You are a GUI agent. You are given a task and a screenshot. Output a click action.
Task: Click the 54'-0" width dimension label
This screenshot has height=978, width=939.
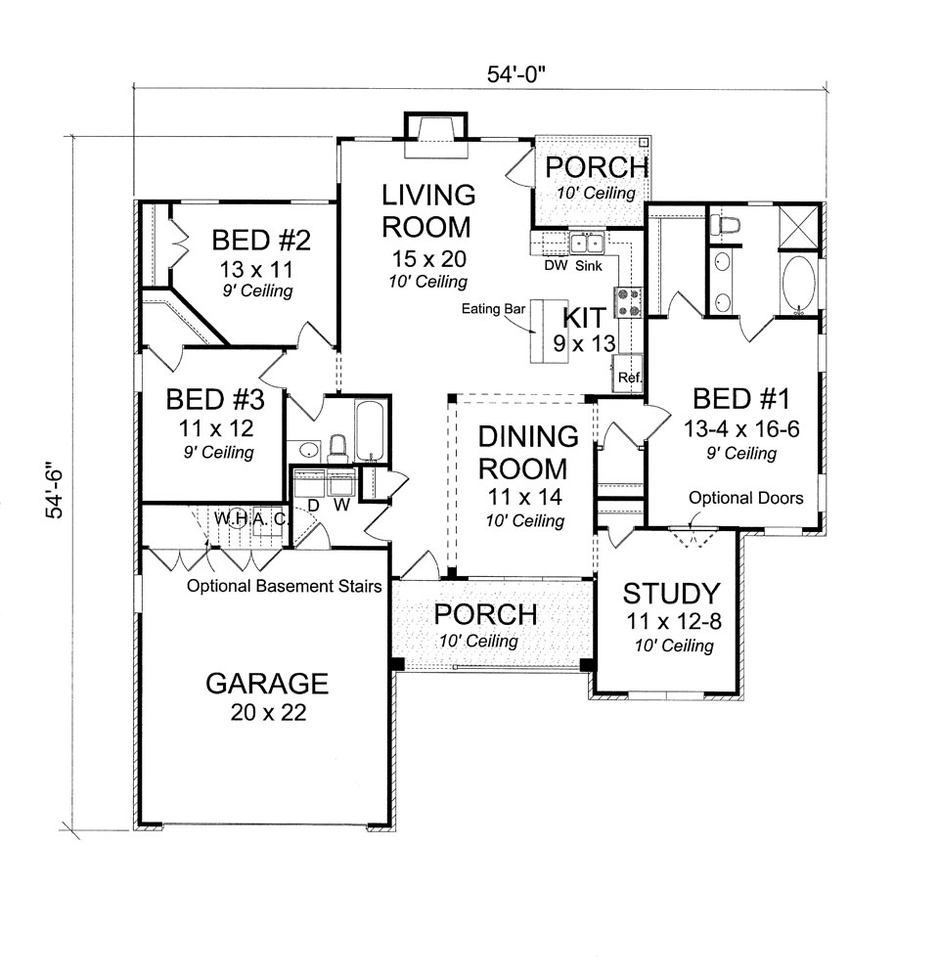pos(515,74)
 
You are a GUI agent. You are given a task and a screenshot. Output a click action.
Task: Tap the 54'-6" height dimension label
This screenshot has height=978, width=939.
pos(54,490)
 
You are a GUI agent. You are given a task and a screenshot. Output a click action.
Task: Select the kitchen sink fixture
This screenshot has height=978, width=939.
pos(587,242)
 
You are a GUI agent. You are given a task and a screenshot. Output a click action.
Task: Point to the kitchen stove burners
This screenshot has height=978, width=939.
pos(628,302)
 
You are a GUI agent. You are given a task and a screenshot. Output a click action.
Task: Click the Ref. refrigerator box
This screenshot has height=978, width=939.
pos(627,373)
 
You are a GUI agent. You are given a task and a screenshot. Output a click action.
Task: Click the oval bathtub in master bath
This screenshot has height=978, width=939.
pos(798,283)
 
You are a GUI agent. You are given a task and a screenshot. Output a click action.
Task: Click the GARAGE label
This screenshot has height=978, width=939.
pos(267,684)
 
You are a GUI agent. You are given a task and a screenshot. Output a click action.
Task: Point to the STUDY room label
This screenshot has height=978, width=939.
pos(671,594)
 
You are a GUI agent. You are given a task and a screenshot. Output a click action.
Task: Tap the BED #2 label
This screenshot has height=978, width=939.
pos(261,241)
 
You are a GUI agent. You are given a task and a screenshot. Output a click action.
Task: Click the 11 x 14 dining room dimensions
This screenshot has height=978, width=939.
pos(524,497)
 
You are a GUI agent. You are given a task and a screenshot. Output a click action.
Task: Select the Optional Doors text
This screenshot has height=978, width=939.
pos(745,498)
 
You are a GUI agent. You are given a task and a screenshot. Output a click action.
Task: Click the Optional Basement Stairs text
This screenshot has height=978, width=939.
pos(285,586)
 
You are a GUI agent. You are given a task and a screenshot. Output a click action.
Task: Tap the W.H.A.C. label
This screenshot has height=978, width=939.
pos(251,518)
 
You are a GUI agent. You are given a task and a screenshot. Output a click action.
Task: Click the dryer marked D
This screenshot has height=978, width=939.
pos(309,481)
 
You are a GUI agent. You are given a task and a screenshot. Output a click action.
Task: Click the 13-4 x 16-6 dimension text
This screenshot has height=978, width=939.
pos(741,429)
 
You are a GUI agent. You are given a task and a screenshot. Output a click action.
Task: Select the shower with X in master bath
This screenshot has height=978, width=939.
pos(798,227)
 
